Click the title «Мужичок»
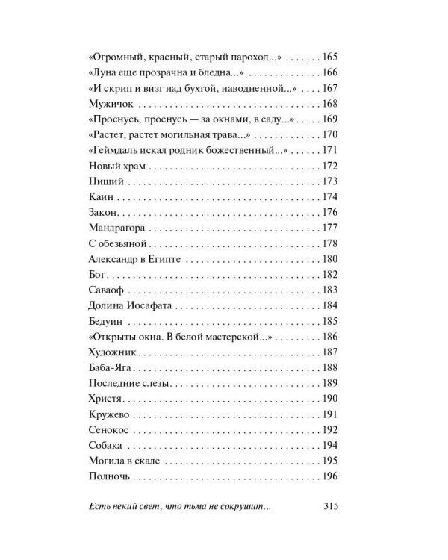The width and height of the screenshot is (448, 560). coord(108,103)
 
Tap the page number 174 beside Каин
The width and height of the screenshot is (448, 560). coord(330,197)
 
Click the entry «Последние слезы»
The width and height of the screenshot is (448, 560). coord(130,383)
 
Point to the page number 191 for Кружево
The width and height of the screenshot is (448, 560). coord(330,414)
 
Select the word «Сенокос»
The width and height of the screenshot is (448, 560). coord(109,430)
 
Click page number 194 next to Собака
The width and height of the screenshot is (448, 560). coord(330,446)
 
